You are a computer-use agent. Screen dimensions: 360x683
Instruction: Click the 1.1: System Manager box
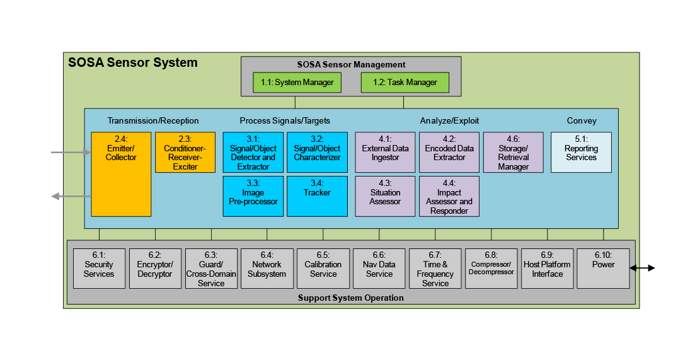pos(297,83)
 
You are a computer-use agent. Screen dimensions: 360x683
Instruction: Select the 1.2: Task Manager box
pos(405,83)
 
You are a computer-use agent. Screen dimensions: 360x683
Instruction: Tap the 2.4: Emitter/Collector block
pos(121,174)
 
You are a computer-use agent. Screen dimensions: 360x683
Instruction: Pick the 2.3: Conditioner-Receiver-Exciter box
pos(185,152)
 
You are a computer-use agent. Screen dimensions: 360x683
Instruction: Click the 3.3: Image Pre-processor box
pos(253,196)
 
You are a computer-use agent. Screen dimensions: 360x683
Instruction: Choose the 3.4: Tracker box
pos(317,196)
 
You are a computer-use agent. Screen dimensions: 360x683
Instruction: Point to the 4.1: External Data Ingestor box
pos(386,152)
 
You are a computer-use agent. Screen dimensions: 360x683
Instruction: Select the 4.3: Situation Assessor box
pos(386,196)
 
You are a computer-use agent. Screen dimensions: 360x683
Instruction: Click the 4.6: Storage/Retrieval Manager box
pos(513,152)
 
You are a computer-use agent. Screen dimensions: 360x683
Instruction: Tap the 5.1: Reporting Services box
pos(581,152)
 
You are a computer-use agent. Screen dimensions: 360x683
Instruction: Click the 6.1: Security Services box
pos(99,269)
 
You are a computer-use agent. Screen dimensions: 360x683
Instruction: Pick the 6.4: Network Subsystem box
pos(267,269)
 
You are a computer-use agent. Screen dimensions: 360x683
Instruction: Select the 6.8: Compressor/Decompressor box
pos(491,269)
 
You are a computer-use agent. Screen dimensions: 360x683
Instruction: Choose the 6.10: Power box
pos(603,269)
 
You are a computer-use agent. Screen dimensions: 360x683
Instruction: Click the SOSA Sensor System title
pos(133,62)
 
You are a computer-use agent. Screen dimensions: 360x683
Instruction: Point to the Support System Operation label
pos(351,298)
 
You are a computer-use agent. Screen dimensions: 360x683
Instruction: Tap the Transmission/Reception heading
pos(153,120)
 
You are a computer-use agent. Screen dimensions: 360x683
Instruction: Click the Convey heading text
pos(581,120)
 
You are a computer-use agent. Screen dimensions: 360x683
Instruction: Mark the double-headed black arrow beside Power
pos(642,268)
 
